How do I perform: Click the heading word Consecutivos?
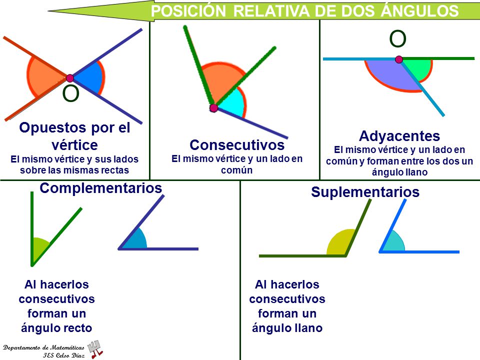(237, 145)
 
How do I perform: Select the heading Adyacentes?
(399, 136)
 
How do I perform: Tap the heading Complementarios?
(101, 188)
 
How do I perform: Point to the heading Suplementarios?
(365, 192)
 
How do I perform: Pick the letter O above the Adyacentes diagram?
(397, 38)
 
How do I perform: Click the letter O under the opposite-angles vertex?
(70, 93)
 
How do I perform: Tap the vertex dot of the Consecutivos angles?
(213, 108)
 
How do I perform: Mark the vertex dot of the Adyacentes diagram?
(398, 59)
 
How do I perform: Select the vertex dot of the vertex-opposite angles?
(70, 78)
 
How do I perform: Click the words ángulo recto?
(56, 328)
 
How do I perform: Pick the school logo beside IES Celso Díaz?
(95, 348)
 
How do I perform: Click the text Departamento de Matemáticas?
(43, 347)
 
